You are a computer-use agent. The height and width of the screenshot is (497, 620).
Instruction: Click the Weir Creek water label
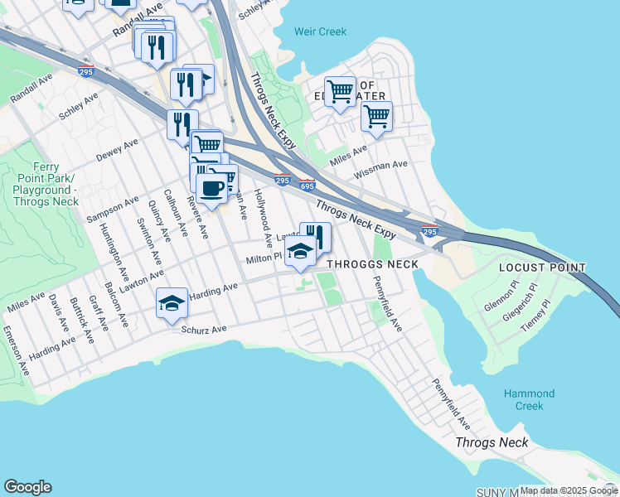pos(320,31)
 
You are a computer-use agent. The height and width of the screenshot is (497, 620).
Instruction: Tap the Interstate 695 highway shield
pos(307,186)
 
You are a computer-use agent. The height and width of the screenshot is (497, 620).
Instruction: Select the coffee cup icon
pos(211,187)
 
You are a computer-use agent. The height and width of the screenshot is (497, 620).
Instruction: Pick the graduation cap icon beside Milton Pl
pos(300,251)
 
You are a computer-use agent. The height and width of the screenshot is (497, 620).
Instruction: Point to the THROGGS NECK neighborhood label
pos(372,264)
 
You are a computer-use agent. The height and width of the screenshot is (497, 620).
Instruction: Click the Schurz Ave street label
pos(204,329)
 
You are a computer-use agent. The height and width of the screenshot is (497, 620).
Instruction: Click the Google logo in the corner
pos(27,487)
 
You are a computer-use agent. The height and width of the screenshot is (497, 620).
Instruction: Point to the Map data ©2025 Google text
pos(568,490)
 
